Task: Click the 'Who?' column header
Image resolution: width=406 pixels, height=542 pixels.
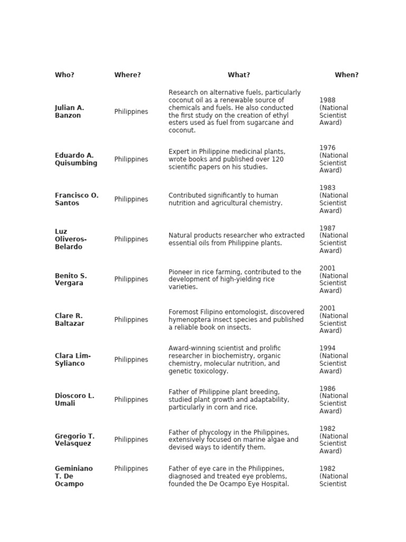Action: tap(64, 75)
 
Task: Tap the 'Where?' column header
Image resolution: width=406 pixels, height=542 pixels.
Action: tap(127, 75)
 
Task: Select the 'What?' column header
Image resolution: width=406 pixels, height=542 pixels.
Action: tap(239, 75)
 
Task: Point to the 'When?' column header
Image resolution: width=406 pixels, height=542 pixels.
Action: tap(346, 75)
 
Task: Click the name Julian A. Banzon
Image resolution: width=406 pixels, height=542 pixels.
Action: tap(69, 112)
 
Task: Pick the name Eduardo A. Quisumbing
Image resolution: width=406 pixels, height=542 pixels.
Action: tap(76, 159)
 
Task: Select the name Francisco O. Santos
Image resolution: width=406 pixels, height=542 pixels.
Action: tap(76, 199)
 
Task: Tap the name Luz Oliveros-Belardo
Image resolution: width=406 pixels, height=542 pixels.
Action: tap(70, 239)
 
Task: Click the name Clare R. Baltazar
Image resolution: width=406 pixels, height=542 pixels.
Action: tap(69, 320)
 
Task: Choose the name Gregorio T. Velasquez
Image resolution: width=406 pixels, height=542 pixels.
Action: tap(75, 440)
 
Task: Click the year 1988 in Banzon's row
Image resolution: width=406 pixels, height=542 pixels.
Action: tap(327, 100)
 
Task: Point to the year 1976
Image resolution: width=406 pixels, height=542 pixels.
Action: tap(327, 148)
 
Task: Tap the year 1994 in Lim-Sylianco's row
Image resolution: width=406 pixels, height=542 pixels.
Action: tap(327, 348)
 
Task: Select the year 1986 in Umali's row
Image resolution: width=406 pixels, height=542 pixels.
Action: tap(327, 389)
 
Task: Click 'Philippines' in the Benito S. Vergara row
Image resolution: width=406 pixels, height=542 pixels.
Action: tap(131, 279)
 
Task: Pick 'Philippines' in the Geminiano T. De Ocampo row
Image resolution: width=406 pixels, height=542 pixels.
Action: tap(131, 469)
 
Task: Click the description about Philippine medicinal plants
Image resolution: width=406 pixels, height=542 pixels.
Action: tap(227, 159)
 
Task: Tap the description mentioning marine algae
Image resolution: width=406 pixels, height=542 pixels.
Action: tap(233, 440)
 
